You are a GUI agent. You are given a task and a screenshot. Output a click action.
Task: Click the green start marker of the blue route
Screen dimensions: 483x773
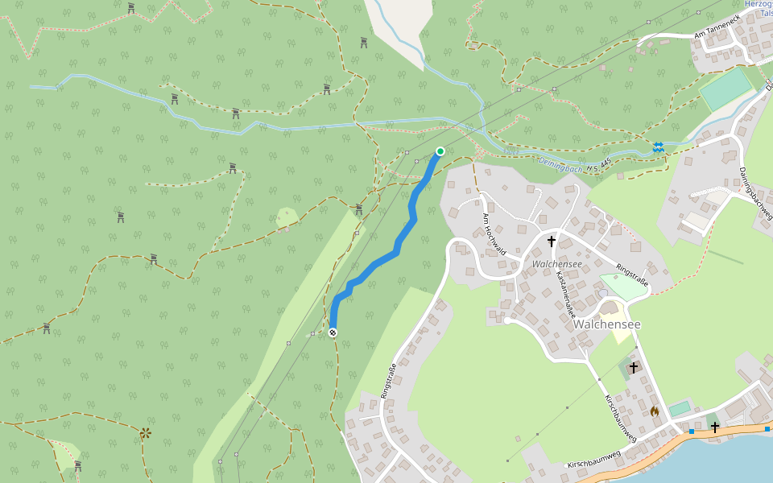point(440,151)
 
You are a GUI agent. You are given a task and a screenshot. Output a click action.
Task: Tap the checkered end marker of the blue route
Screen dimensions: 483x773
point(333,332)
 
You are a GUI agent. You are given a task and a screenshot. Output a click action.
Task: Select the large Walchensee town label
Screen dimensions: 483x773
point(630,324)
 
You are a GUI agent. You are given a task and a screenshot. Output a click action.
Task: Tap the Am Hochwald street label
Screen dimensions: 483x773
point(494,235)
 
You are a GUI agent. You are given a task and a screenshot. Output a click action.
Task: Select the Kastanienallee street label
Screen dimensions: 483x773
point(566,295)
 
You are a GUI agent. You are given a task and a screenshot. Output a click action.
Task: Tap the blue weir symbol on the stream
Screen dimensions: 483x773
point(659,147)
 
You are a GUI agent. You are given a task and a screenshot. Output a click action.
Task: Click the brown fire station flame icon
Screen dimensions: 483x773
point(655,411)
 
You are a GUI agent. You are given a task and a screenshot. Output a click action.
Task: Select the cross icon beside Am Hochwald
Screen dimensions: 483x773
point(552,241)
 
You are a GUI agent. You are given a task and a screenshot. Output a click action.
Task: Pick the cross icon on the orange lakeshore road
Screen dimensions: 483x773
point(714,427)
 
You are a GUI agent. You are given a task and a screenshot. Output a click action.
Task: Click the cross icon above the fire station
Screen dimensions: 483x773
point(634,367)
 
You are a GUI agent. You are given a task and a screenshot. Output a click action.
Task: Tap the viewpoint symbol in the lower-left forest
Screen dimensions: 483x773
point(145,433)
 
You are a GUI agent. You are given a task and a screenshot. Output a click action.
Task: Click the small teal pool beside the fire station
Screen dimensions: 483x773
point(680,408)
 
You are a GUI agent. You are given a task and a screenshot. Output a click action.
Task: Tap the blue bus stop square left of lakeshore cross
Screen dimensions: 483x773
point(691,431)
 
